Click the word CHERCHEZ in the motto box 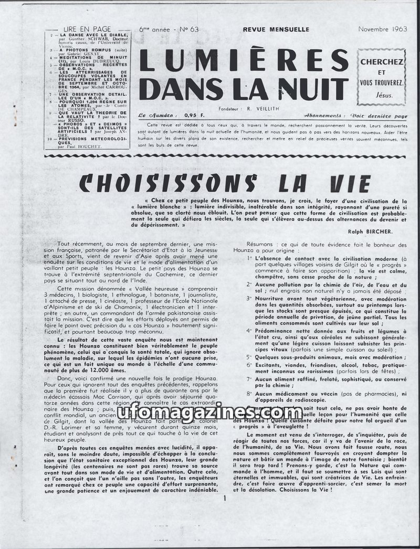(x=382, y=62)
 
